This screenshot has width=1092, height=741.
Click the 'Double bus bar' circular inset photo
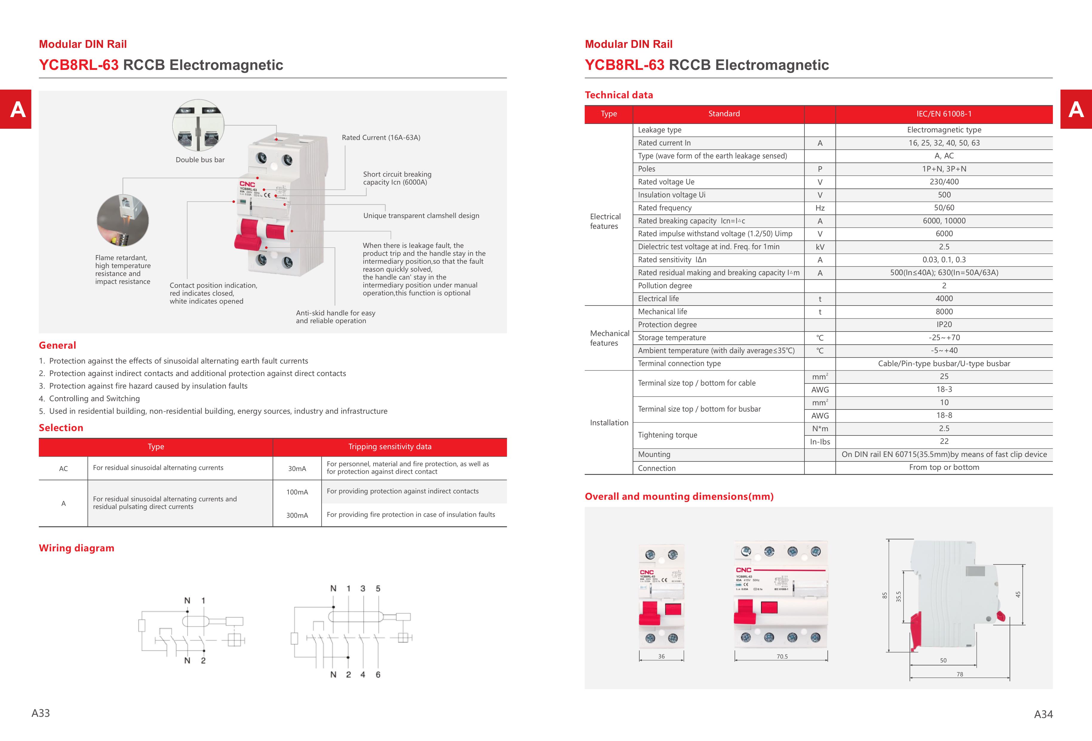coord(198,125)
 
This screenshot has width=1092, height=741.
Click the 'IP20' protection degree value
coord(944,325)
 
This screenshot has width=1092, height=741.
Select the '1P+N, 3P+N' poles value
coord(944,169)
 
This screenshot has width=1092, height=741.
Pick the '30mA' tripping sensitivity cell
coord(297,469)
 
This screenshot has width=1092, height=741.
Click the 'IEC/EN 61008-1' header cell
coord(944,114)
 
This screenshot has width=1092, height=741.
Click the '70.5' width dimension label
coord(782,656)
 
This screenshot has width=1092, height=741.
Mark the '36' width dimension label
coord(661,656)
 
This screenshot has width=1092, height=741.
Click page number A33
coord(41,713)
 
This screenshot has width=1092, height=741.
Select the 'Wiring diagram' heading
coord(76,548)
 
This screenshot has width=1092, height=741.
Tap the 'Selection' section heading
coord(61,428)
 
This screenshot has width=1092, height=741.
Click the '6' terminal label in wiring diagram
coord(378,675)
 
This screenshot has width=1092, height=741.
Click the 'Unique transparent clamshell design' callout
coord(421,216)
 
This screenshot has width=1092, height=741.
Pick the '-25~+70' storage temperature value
coord(944,338)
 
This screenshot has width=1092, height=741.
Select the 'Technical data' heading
coord(619,95)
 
